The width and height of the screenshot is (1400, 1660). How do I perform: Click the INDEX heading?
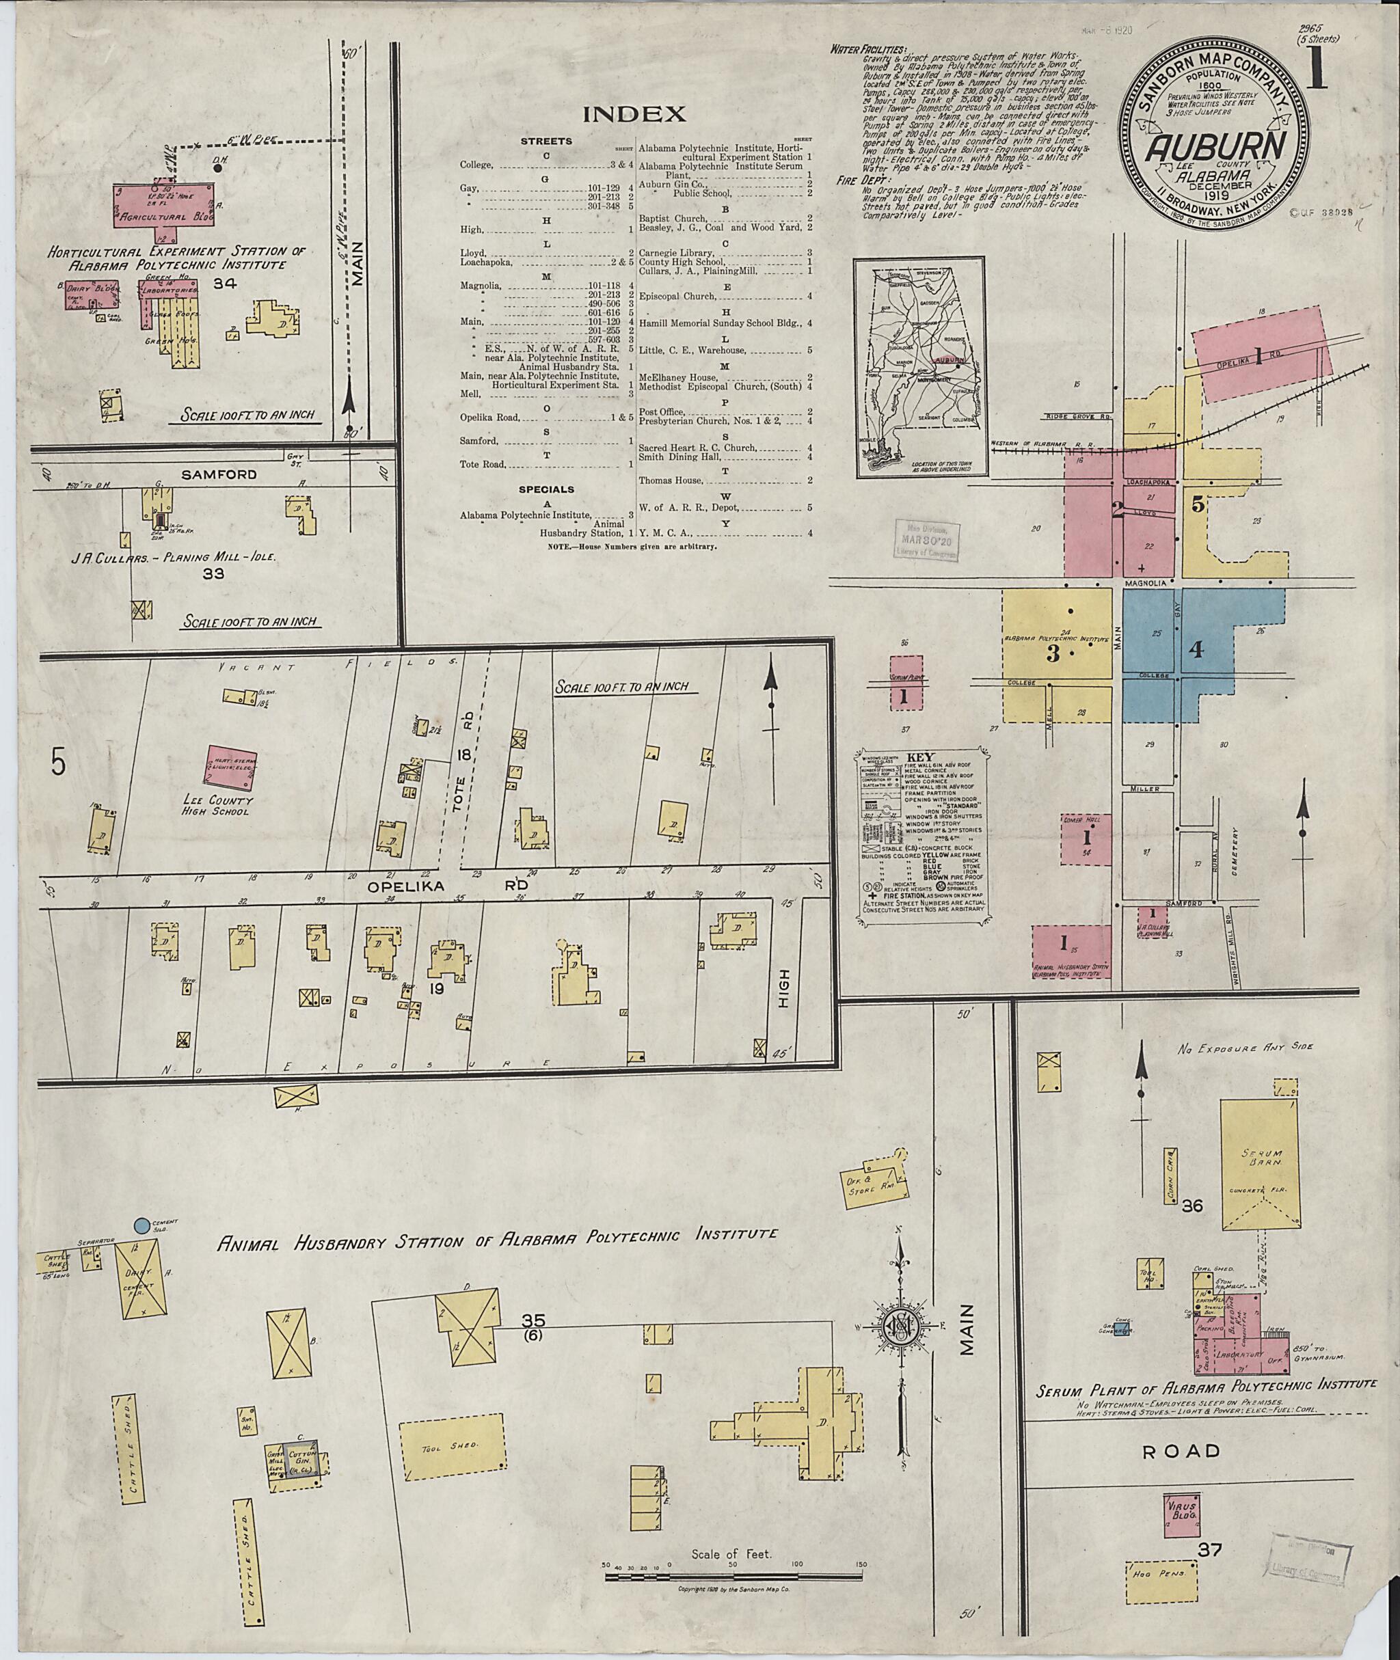634,114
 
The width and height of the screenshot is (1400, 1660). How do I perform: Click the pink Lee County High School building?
232,767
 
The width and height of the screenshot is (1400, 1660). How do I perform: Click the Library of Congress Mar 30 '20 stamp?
927,541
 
